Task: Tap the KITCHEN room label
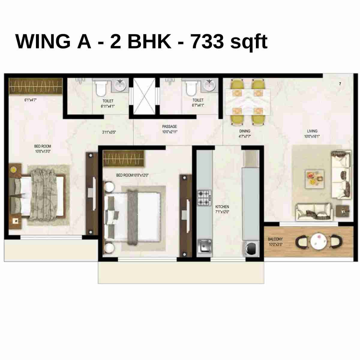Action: [x=222, y=207]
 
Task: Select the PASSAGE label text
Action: [x=169, y=127]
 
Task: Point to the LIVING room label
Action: [x=312, y=131]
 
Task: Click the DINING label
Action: [x=245, y=131]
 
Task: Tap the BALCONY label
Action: [x=275, y=239]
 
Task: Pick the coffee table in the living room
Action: [x=314, y=179]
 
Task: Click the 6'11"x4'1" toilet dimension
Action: [x=108, y=106]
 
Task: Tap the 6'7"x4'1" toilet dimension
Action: [x=198, y=105]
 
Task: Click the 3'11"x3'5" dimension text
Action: [x=109, y=132]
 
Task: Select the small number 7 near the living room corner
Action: [x=340, y=84]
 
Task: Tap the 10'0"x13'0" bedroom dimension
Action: [x=43, y=151]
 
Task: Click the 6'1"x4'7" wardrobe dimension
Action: [x=31, y=100]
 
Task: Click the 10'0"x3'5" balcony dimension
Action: [x=275, y=244]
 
